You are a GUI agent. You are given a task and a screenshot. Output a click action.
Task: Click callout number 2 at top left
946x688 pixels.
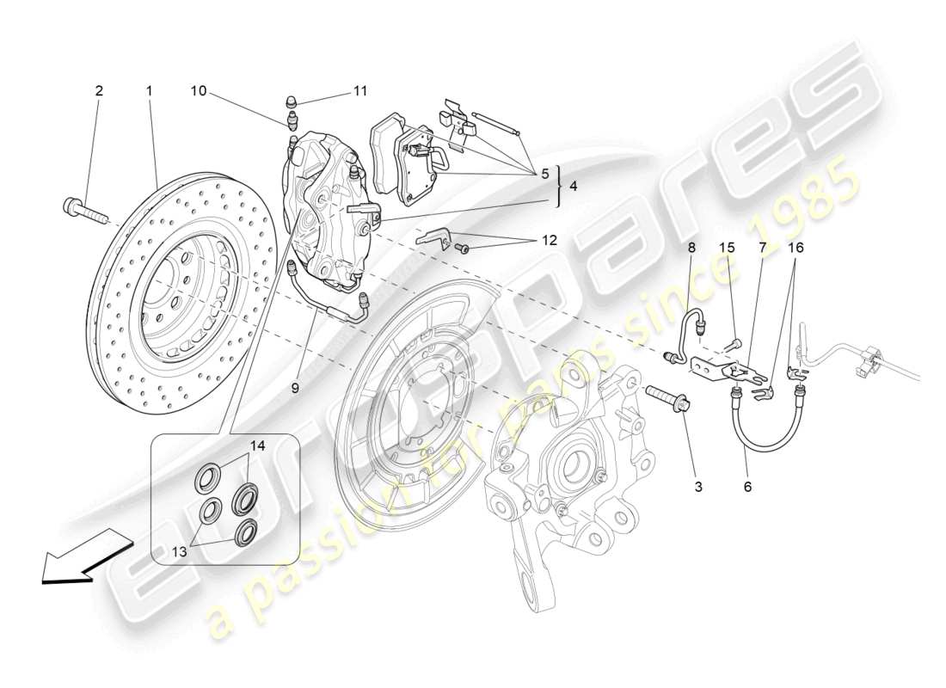99,90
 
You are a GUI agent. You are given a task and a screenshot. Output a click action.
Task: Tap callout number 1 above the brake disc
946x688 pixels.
149,90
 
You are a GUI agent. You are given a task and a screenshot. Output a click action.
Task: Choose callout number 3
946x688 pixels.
697,487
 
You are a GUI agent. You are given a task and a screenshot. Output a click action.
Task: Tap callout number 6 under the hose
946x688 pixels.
747,487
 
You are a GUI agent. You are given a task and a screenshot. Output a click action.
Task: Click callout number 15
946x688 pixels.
727,248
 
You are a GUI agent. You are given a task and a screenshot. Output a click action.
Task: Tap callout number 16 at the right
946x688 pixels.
797,248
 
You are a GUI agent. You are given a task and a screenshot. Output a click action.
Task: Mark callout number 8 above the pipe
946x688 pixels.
690,248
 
